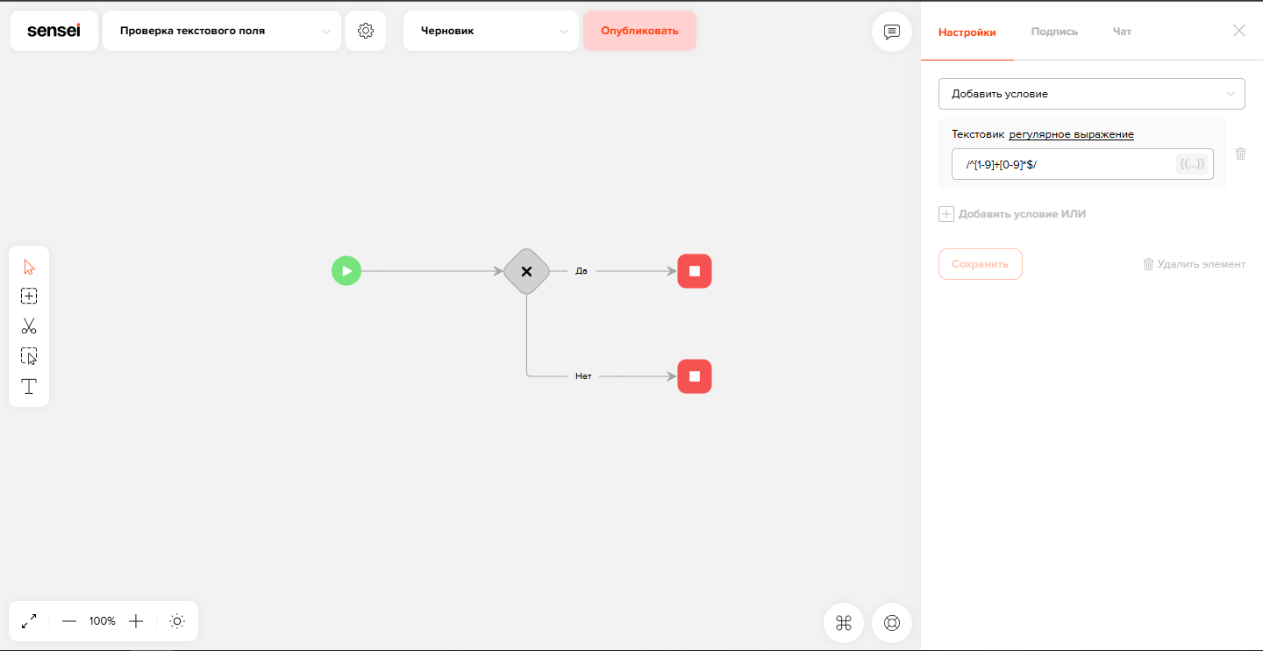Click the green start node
tap(346, 271)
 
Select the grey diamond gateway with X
tap(526, 271)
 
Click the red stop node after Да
tap(695, 271)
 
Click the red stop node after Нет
tap(695, 376)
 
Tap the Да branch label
tap(582, 271)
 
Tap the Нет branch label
tap(583, 376)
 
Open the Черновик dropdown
tap(491, 31)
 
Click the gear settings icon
tap(366, 31)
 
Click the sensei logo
tap(54, 31)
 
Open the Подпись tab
tap(1054, 32)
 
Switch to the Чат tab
tap(1122, 32)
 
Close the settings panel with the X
tap(1238, 31)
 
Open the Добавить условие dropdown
tap(1092, 94)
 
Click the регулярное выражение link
tap(1071, 134)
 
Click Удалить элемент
tap(1195, 264)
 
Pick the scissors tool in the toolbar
tap(29, 326)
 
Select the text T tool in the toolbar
tap(29, 386)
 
